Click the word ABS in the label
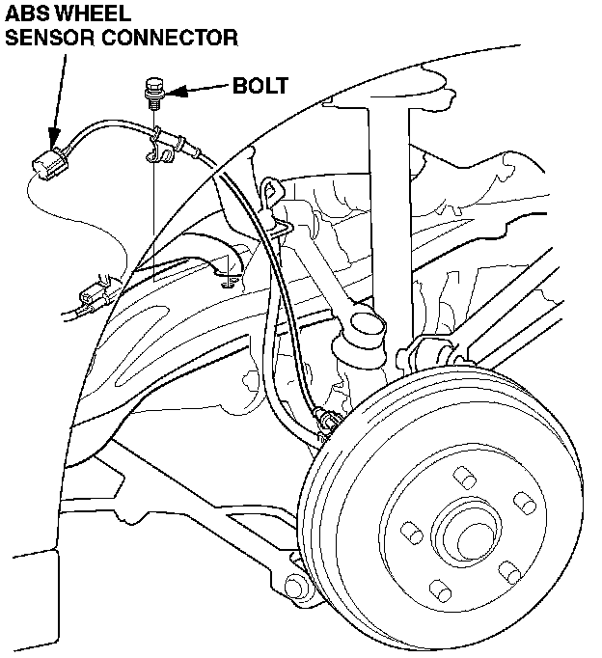(x=27, y=14)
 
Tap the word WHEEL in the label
(x=89, y=14)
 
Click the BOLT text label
(x=260, y=86)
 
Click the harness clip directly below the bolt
(x=160, y=145)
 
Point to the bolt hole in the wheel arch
(x=228, y=282)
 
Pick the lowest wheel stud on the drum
(x=439, y=587)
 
